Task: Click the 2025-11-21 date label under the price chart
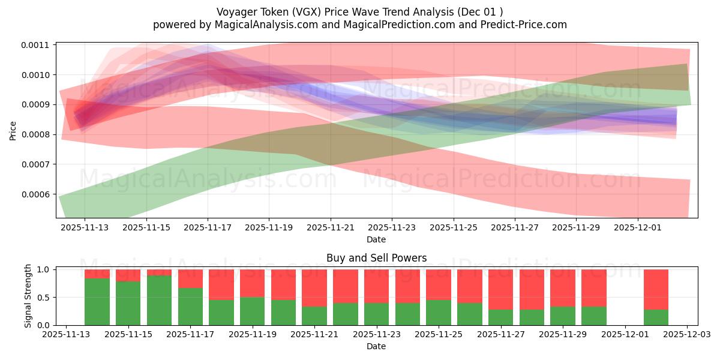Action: click(331, 228)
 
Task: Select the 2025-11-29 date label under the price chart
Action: click(576, 228)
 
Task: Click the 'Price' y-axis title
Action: click(13, 130)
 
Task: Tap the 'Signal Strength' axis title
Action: click(28, 296)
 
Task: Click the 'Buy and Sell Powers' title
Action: click(376, 258)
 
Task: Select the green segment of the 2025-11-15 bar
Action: click(128, 303)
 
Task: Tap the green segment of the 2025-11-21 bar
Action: click(314, 316)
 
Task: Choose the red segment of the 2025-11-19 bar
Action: click(253, 283)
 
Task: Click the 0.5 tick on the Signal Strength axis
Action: click(44, 298)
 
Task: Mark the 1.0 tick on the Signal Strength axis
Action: click(44, 269)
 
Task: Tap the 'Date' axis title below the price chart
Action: click(376, 239)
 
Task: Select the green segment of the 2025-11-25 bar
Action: click(439, 312)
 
